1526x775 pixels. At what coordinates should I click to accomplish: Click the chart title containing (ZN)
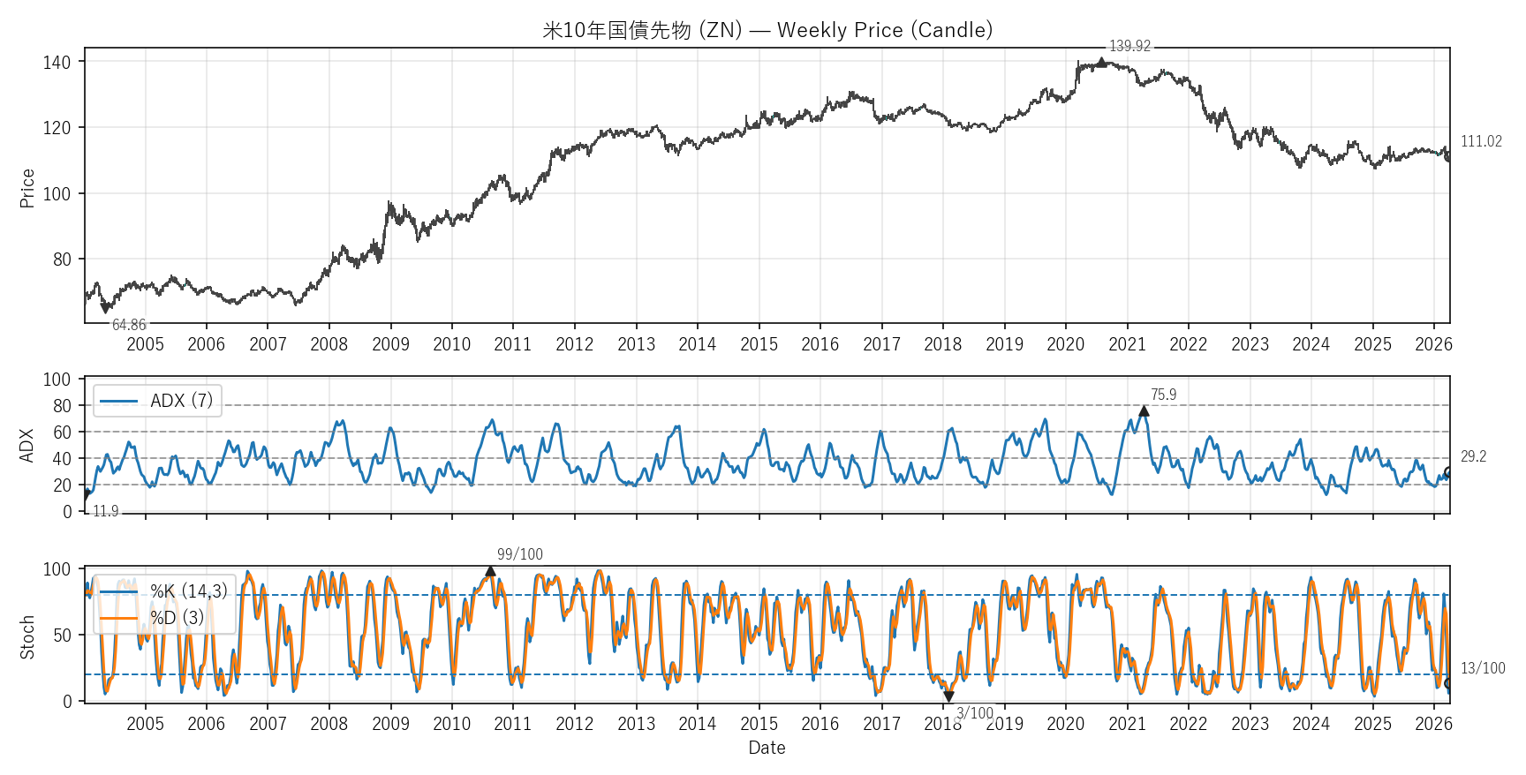767,30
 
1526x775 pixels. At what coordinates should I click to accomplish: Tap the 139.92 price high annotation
1129,46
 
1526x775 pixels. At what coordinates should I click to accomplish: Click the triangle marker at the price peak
1101,62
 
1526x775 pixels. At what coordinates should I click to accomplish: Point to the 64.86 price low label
129,325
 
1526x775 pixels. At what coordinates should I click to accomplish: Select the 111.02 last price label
1481,141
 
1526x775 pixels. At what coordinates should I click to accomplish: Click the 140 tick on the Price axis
57,62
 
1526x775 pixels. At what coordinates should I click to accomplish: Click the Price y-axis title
27,188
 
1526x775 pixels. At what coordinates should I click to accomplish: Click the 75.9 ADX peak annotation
1163,395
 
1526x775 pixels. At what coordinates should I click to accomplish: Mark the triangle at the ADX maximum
1144,410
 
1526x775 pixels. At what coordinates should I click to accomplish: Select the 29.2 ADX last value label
1473,456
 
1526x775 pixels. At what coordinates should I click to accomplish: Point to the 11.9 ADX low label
106,511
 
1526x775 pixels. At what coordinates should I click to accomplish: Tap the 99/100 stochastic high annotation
519,554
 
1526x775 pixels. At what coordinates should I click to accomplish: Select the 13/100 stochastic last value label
1483,668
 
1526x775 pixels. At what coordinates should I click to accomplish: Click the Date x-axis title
767,748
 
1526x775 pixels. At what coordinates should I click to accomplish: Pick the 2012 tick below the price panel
574,344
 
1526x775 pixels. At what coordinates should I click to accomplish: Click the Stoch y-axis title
27,637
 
